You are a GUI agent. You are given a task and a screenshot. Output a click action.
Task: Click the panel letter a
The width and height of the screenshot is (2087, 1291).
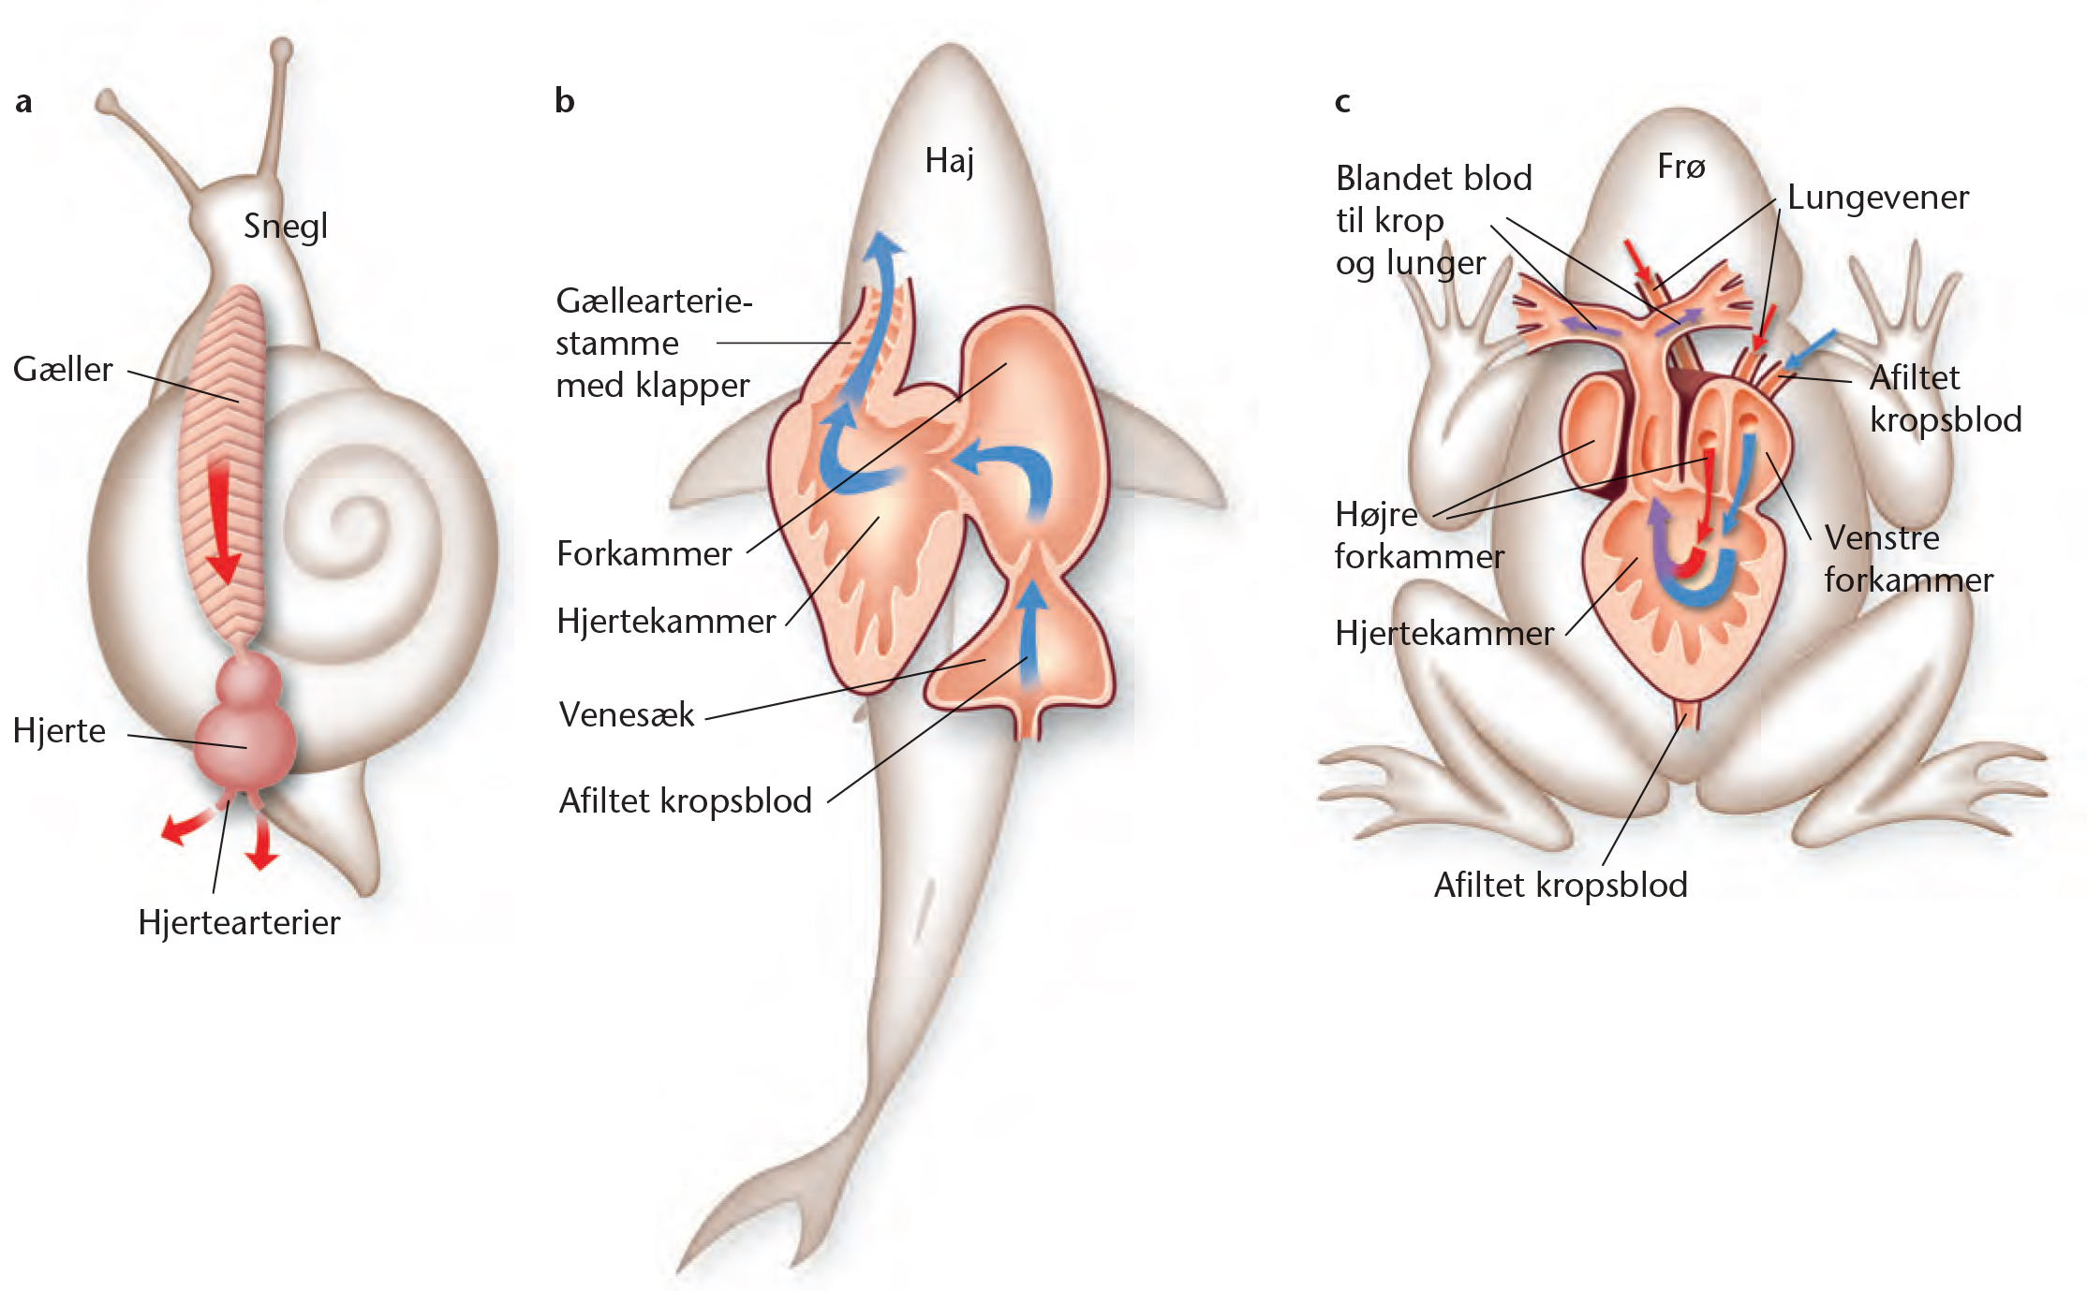[23, 101]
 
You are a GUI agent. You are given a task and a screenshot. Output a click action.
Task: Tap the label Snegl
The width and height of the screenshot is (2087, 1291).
[286, 227]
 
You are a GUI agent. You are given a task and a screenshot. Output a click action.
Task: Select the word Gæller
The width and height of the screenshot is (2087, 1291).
[63, 369]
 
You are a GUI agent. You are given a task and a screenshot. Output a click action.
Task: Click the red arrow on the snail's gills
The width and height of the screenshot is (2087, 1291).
[223, 521]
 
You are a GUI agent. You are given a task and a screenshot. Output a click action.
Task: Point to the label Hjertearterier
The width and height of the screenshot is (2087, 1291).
[239, 922]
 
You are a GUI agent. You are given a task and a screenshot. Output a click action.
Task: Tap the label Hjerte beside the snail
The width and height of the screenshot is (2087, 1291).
[59, 730]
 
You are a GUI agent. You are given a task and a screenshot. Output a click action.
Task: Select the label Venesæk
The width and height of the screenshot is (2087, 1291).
[627, 714]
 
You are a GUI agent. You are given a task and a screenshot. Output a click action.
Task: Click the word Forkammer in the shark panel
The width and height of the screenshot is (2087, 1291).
[644, 553]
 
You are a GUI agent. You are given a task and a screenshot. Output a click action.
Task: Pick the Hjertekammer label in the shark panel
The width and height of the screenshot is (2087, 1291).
[666, 621]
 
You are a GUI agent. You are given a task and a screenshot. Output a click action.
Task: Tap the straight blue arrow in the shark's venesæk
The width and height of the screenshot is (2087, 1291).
[1031, 635]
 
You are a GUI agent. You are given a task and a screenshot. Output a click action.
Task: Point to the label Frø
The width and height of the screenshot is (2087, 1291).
[1681, 167]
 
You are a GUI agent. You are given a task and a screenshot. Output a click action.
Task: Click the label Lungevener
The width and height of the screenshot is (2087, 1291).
[1878, 198]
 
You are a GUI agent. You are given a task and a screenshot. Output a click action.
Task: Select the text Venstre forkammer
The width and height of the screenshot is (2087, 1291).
[1909, 559]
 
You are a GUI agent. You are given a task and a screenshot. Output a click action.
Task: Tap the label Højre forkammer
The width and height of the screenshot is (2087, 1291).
[1419, 535]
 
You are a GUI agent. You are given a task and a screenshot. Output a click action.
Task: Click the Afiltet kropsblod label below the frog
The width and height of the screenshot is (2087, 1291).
[1561, 885]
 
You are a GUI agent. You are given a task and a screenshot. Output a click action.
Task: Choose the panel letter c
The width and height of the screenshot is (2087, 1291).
[1342, 102]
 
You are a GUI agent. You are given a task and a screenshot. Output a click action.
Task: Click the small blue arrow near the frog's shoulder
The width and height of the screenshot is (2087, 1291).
[1810, 349]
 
